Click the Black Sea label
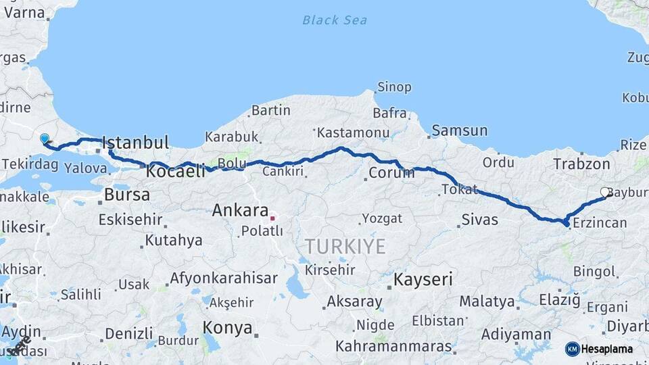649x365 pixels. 335,20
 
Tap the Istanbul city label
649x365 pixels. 135,143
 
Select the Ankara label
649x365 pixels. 240,210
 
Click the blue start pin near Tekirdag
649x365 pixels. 45,139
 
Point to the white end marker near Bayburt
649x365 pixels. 604,193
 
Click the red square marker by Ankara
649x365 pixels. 272,218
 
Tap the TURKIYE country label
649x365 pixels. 345,246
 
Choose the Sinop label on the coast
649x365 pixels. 394,87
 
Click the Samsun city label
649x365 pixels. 459,130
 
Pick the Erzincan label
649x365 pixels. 599,223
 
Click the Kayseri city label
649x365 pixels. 423,279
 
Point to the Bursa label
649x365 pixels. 127,196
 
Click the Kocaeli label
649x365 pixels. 175,172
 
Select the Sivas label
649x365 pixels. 479,220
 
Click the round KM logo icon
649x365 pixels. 573,349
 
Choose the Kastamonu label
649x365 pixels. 353,132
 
